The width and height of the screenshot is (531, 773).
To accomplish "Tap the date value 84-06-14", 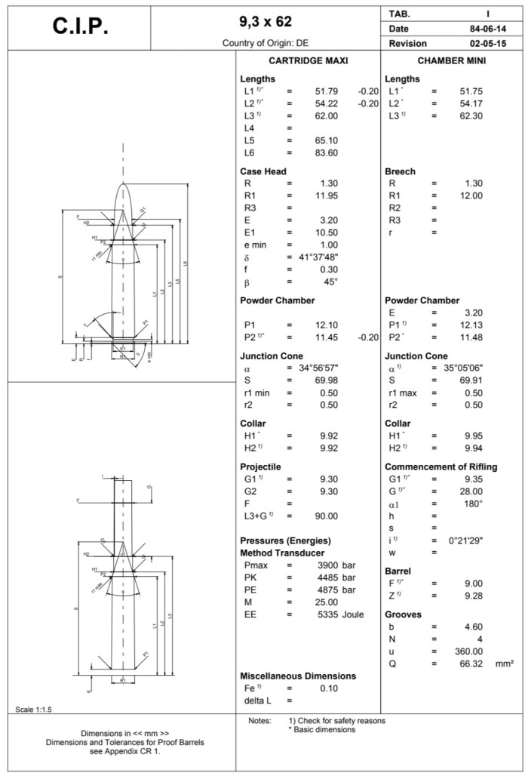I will [486, 29].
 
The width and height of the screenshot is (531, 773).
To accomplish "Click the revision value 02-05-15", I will [486, 44].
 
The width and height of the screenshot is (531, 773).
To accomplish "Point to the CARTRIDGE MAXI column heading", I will [308, 61].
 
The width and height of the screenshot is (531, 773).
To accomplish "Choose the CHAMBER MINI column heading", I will [451, 61].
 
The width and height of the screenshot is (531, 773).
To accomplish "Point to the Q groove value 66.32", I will [470, 664].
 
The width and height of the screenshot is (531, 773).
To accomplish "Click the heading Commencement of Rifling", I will [440, 467].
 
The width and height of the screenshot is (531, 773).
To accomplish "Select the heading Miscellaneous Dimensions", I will [298, 676].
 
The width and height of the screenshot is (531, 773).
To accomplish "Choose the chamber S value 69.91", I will [471, 380].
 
